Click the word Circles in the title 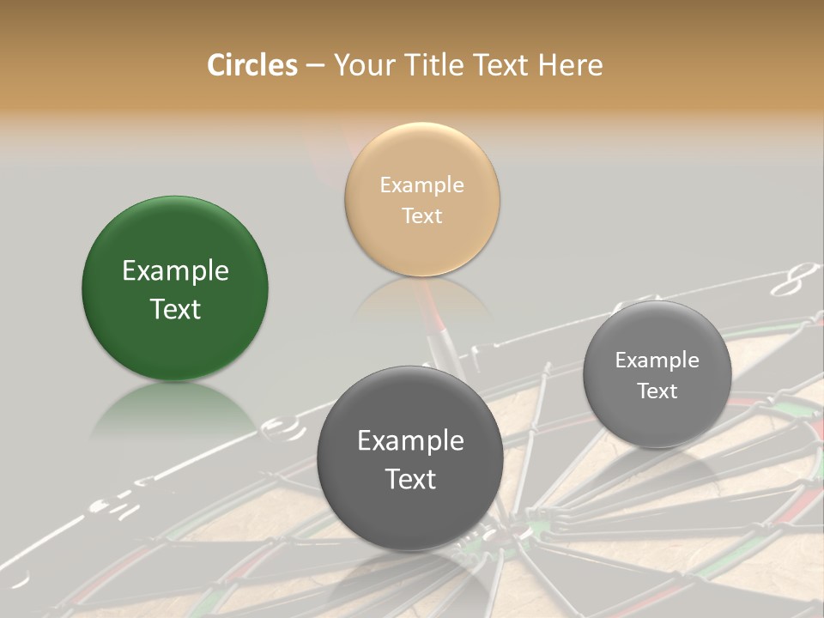251,64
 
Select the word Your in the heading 360,64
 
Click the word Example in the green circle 175,271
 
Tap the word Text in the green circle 175,310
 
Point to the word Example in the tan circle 421,185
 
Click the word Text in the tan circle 421,216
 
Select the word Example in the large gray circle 410,440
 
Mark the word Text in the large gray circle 410,479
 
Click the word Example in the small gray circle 657,360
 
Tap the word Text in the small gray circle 657,391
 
